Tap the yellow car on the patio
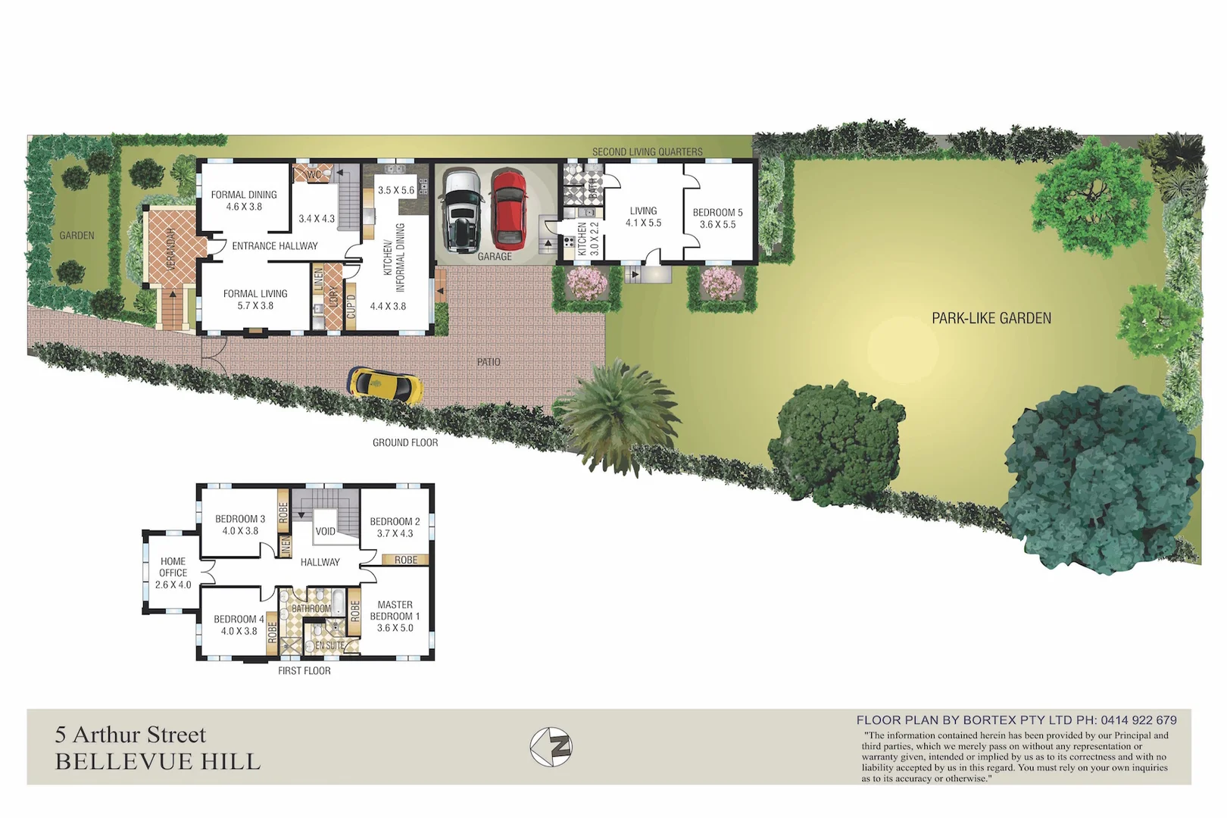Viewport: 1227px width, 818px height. [385, 384]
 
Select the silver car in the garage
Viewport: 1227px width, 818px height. [462, 210]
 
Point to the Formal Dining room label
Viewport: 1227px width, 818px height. [244, 195]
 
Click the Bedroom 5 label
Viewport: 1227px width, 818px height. [717, 213]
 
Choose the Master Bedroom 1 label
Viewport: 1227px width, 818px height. [395, 610]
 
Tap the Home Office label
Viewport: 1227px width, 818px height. [173, 567]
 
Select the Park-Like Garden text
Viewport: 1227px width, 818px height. [991, 318]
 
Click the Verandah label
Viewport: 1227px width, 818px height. [171, 248]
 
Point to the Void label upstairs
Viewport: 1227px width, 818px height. [325, 532]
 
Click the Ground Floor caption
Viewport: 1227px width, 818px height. [405, 442]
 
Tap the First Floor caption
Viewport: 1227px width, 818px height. [304, 670]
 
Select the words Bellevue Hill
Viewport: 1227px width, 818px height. [158, 761]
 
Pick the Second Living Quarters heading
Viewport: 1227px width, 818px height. [647, 151]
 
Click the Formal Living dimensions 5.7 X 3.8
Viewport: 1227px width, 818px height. [255, 306]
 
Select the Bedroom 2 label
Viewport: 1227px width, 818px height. [395, 521]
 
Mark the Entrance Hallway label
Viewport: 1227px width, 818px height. [275, 246]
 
